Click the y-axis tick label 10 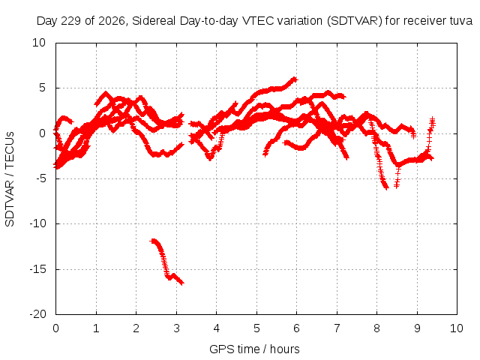point(39,43)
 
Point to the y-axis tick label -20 point(37,314)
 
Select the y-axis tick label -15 point(37,269)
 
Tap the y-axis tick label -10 point(37,223)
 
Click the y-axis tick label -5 point(40,178)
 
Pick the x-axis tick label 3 point(176,328)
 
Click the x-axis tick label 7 point(337,328)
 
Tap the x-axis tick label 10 point(457,328)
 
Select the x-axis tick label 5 point(256,328)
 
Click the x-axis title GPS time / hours point(254,349)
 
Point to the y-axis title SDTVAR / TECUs point(10,179)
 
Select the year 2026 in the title point(112,21)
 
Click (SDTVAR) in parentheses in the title point(355,21)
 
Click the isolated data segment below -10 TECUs point(166,262)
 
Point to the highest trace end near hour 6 point(295,79)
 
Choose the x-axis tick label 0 point(55,328)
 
